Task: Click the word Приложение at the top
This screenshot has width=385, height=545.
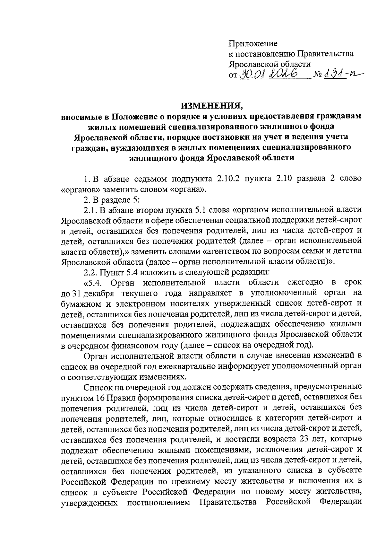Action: click(x=253, y=43)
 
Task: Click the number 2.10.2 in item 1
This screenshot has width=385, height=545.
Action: click(x=229, y=179)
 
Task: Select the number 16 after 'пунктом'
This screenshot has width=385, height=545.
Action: click(x=99, y=398)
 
